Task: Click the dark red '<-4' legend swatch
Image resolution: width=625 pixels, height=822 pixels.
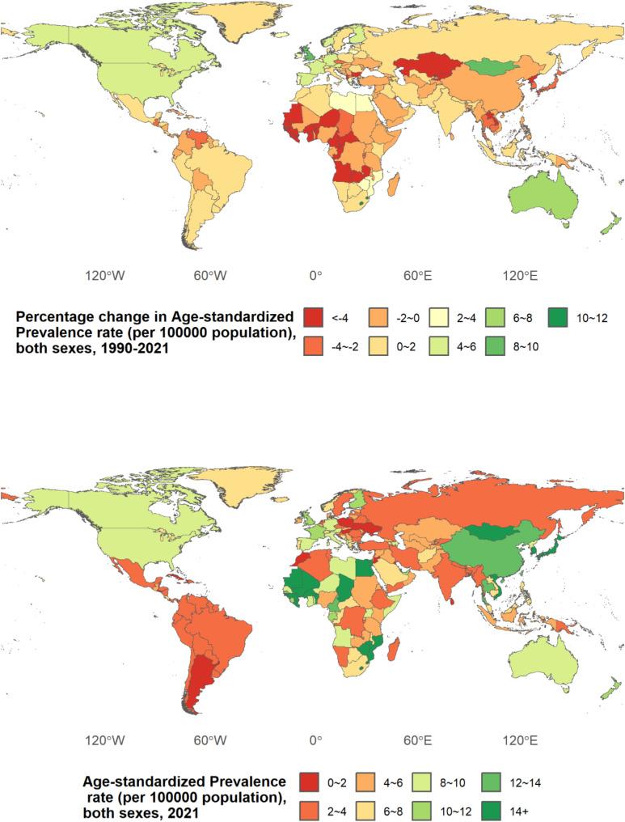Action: (315, 318)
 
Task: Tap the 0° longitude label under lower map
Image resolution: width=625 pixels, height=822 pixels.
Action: (315, 739)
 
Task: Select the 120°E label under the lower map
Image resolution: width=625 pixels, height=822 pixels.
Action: (522, 739)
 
